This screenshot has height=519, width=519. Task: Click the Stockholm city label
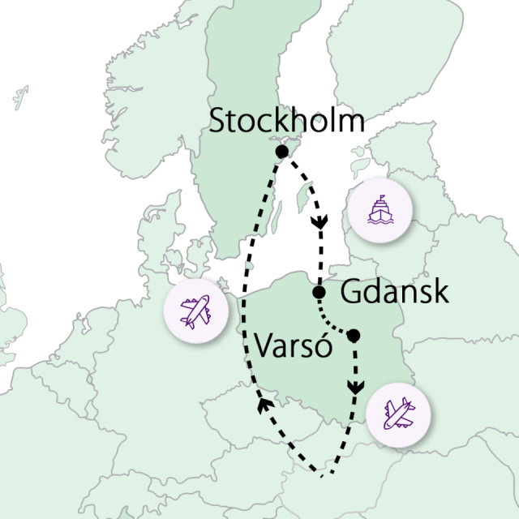click(286, 122)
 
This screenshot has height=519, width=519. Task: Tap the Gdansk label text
click(394, 292)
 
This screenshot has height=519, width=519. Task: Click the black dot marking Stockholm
click(281, 152)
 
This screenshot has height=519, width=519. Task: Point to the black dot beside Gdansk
click(319, 292)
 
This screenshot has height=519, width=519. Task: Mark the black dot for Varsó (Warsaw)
click(353, 335)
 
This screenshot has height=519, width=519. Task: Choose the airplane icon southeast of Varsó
click(399, 415)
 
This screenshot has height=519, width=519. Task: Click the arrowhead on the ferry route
click(321, 221)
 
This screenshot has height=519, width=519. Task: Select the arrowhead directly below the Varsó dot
click(354, 388)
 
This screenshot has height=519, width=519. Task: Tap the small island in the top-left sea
click(20, 97)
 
